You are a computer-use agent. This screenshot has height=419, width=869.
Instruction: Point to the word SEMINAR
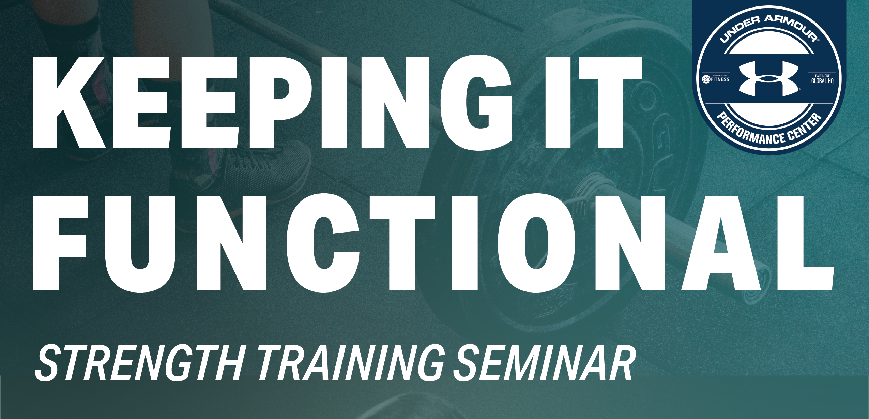click(544, 363)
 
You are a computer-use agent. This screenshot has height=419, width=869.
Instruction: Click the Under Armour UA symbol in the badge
click(768, 79)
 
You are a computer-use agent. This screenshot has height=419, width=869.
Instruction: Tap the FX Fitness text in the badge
click(714, 79)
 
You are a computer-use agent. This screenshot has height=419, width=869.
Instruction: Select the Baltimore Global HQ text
click(822, 79)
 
